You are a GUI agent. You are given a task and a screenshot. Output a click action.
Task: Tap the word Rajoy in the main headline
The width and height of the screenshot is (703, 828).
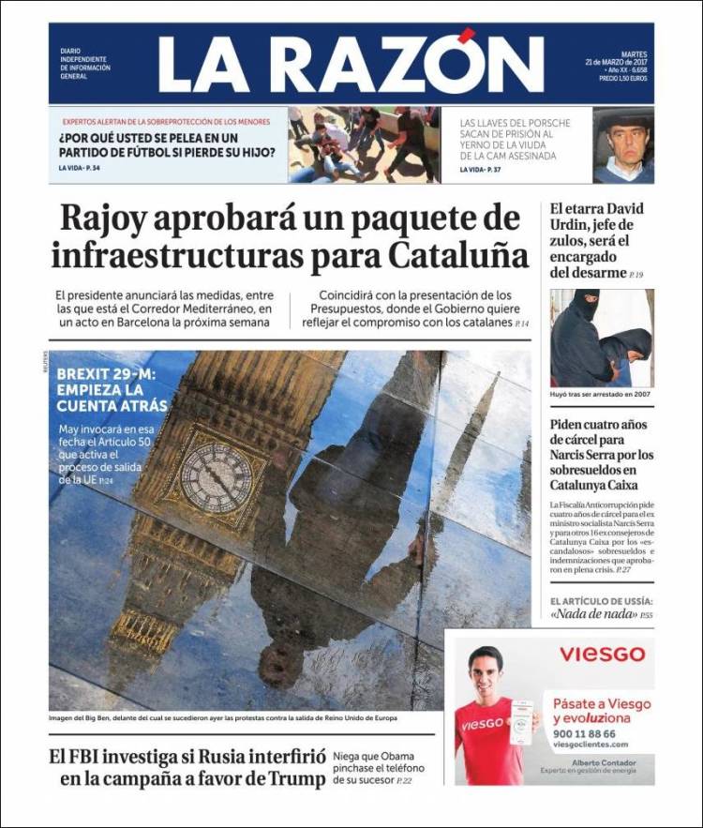112,218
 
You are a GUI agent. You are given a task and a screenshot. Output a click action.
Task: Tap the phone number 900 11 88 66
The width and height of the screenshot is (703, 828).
585,733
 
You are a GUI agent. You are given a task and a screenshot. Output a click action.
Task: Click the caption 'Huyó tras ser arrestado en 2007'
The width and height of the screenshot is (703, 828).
601,394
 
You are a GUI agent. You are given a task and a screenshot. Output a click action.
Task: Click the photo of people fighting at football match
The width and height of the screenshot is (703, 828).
362,144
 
